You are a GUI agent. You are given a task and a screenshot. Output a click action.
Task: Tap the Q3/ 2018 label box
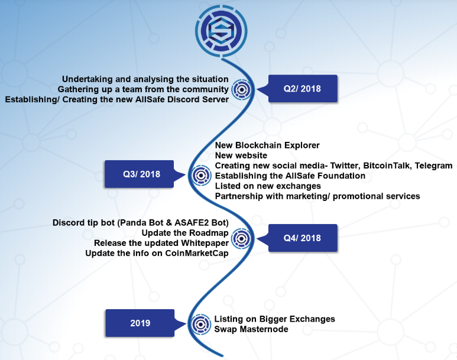click(140, 174)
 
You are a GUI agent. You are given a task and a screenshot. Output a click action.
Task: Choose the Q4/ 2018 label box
click(302, 238)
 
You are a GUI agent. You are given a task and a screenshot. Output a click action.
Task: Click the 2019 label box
click(140, 323)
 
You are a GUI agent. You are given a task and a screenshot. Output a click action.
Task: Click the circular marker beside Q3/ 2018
click(202, 176)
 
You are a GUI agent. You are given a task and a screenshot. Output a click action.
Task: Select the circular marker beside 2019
click(202, 324)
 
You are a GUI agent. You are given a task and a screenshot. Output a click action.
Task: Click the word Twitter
click(340, 166)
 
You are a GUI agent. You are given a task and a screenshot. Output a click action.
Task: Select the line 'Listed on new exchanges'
click(267, 186)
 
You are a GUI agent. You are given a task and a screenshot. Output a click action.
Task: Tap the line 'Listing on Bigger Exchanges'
click(275, 319)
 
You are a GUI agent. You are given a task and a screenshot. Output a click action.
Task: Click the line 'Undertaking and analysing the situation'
click(145, 79)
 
